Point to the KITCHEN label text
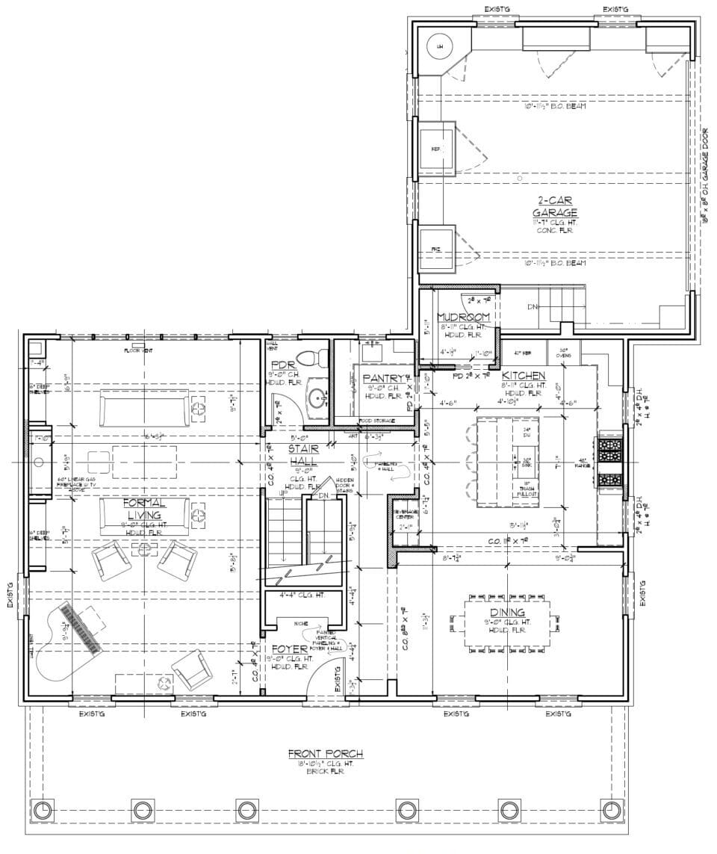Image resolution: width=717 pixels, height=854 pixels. (x=522, y=375)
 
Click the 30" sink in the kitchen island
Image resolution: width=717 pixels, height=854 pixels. (x=526, y=460)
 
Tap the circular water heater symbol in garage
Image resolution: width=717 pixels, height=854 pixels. (x=439, y=46)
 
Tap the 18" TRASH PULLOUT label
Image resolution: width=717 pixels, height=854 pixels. (x=526, y=489)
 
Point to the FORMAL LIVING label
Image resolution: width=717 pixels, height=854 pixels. (x=145, y=510)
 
